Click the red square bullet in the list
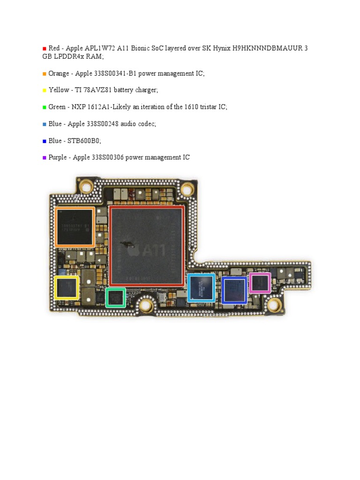click(45, 48)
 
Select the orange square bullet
click(45, 74)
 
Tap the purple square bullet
click(45, 158)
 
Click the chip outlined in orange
click(75, 227)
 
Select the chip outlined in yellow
click(67, 287)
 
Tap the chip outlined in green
click(115, 297)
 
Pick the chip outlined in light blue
click(201, 287)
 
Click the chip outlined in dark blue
click(234, 290)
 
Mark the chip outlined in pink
click(260, 283)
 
